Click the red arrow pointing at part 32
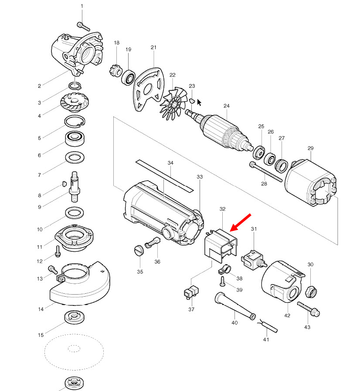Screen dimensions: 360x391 [x=241, y=223]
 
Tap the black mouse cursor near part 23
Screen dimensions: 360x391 [x=199, y=103]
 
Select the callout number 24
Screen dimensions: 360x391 [x=226, y=106]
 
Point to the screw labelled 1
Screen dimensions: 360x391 [x=83, y=27]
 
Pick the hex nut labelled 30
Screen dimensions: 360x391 [x=311, y=292]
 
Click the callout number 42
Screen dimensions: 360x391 [x=287, y=316]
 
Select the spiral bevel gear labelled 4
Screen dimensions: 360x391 [x=75, y=102]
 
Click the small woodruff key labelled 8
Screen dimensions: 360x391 [x=64, y=184]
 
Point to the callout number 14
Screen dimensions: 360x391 [x=41, y=309]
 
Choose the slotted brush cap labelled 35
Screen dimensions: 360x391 [x=139, y=250]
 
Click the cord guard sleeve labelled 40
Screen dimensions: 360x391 [x=235, y=306]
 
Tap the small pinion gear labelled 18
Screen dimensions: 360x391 [x=115, y=71]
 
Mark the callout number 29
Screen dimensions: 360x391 [x=310, y=148]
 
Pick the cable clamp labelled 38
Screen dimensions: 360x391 [x=224, y=270]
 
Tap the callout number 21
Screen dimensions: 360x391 [x=153, y=48]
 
